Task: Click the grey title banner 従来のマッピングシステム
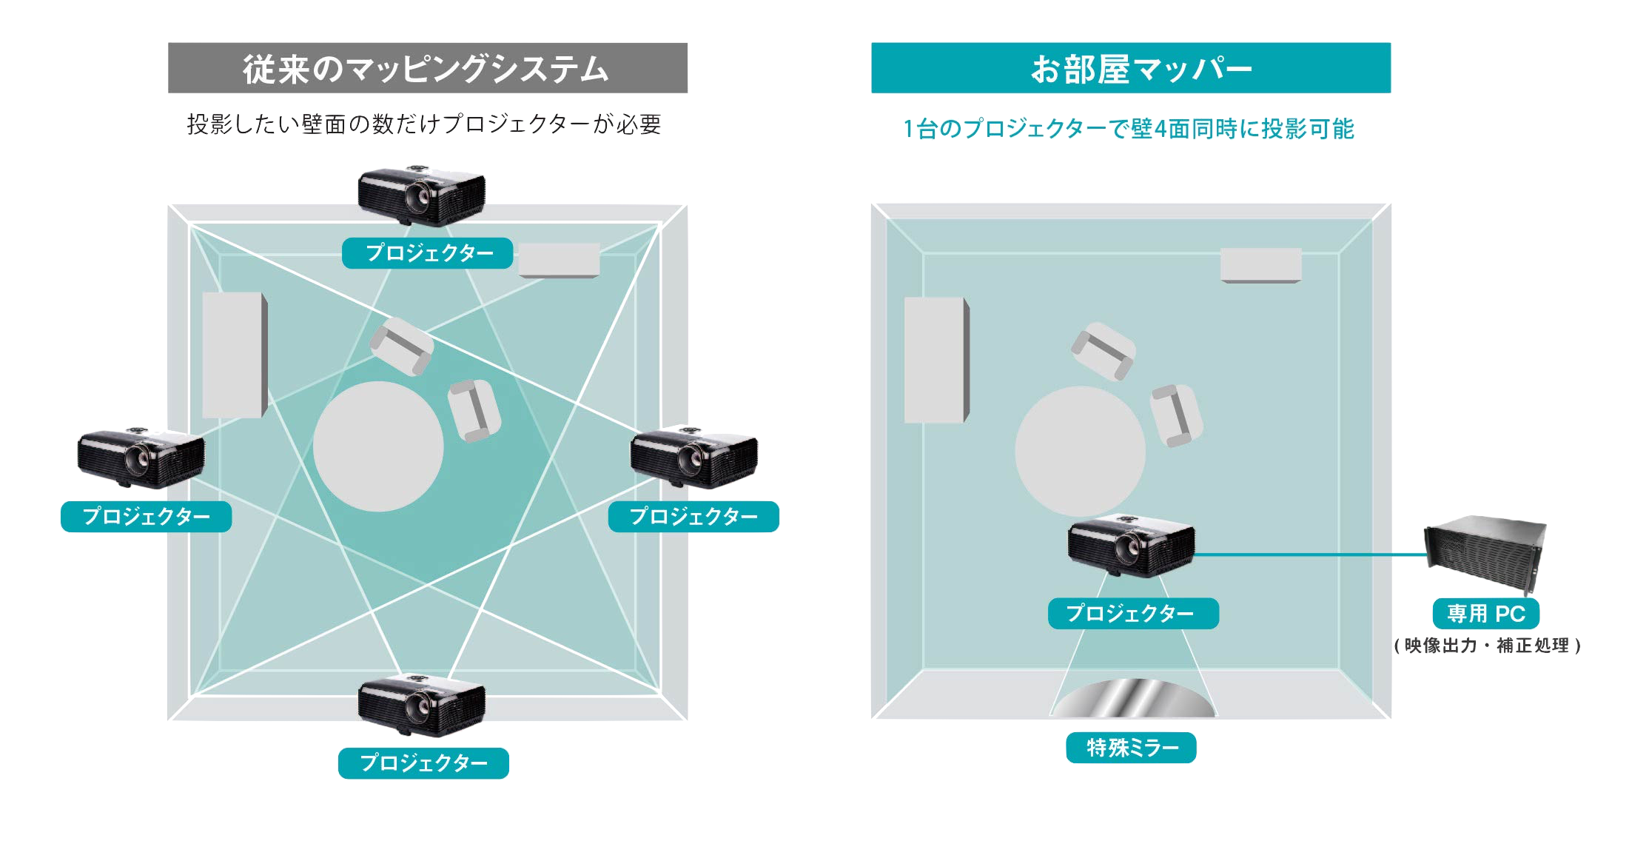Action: pyautogui.click(x=428, y=68)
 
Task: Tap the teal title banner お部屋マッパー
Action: pyautogui.click(x=1131, y=68)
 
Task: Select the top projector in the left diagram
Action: pyautogui.click(x=421, y=195)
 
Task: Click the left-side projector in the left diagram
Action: pyautogui.click(x=141, y=458)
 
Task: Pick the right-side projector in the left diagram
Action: pyautogui.click(x=694, y=457)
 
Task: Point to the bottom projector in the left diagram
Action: pyautogui.click(x=422, y=705)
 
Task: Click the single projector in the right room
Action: pyautogui.click(x=1131, y=546)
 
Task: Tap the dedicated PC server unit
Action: pyautogui.click(x=1485, y=552)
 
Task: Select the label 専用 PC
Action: pyautogui.click(x=1486, y=614)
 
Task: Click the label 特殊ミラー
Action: pyautogui.click(x=1131, y=748)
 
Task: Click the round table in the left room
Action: pyautogui.click(x=378, y=446)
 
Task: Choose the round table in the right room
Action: pyautogui.click(x=1080, y=451)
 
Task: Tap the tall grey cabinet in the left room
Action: pyautogui.click(x=234, y=355)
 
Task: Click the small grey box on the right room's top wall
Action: pyautogui.click(x=1260, y=265)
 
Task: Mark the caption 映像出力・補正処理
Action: pyautogui.click(x=1487, y=646)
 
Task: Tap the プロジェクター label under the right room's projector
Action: pyautogui.click(x=1132, y=613)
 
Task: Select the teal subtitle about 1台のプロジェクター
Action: pyautogui.click(x=1129, y=129)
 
